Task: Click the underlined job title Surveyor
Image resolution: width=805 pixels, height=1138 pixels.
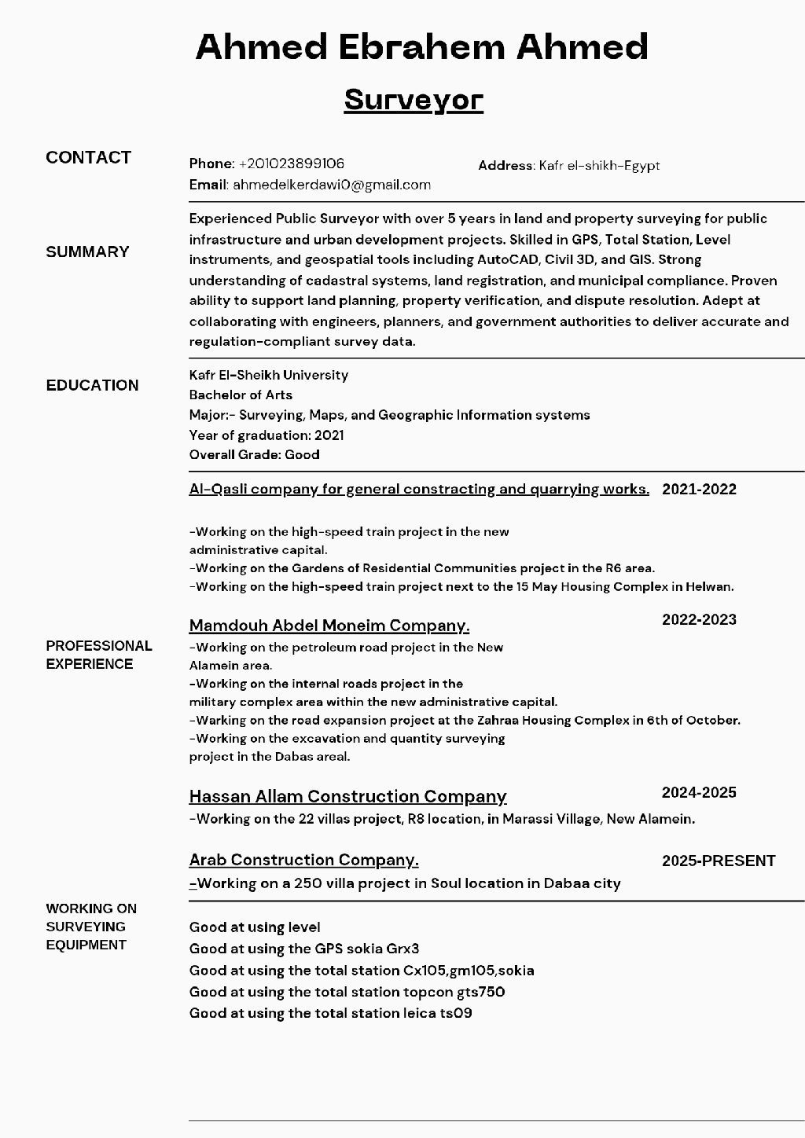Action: pyautogui.click(x=414, y=100)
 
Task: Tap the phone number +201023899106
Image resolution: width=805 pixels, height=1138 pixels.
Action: pyautogui.click(x=292, y=163)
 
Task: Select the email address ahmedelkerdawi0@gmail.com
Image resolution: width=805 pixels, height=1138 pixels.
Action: pyautogui.click(x=332, y=185)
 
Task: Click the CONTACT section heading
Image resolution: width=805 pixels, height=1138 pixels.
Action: pyautogui.click(x=88, y=157)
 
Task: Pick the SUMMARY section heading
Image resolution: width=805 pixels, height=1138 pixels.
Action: pyautogui.click(x=87, y=251)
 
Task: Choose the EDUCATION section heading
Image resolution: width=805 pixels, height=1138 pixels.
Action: pyautogui.click(x=92, y=385)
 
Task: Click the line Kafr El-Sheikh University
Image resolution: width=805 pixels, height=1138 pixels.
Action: pyautogui.click(x=268, y=375)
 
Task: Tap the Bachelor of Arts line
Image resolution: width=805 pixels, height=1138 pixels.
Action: pyautogui.click(x=241, y=395)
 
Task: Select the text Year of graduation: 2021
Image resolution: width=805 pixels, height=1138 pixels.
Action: pyautogui.click(x=266, y=435)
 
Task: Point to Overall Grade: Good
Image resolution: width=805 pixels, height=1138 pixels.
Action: pyautogui.click(x=254, y=454)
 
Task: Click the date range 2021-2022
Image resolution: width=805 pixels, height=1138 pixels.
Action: pyautogui.click(x=699, y=489)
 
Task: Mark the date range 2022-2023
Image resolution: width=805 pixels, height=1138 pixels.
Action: pyautogui.click(x=699, y=619)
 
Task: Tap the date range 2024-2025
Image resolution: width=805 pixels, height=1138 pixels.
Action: pyautogui.click(x=699, y=792)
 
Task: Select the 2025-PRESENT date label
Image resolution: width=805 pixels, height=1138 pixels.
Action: pyautogui.click(x=719, y=861)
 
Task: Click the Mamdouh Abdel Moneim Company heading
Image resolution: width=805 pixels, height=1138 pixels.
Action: pyautogui.click(x=329, y=626)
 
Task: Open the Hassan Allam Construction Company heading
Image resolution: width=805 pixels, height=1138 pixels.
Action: pyautogui.click(x=347, y=796)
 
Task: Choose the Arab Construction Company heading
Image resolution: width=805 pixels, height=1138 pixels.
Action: pyautogui.click(x=303, y=860)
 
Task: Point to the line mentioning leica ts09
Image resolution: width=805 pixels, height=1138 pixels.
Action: pyautogui.click(x=330, y=1013)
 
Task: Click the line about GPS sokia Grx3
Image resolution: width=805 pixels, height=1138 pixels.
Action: pyautogui.click(x=304, y=949)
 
